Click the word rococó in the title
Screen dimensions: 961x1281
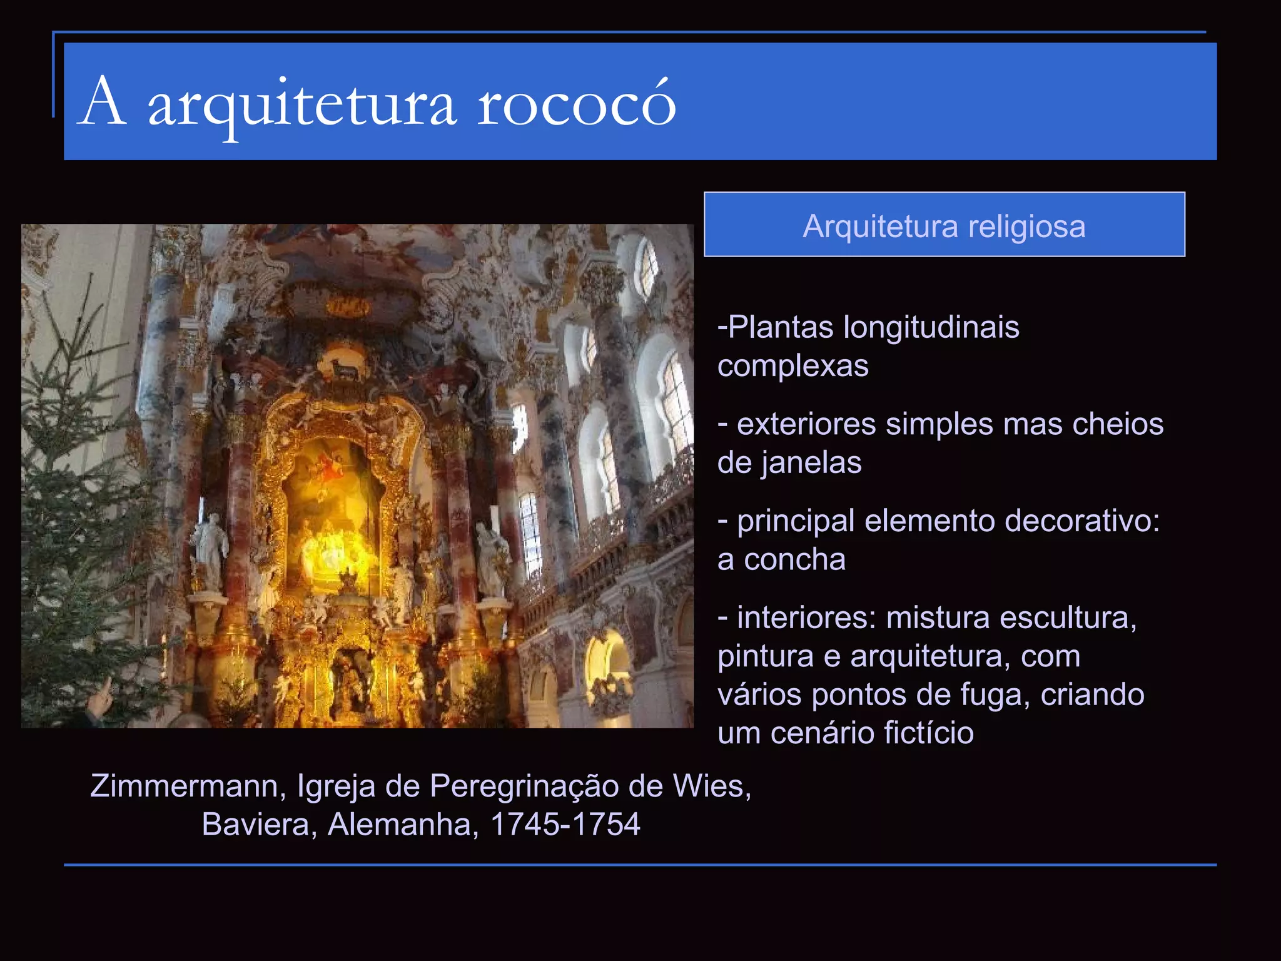tap(577, 104)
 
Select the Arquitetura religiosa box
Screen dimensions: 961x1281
tap(944, 225)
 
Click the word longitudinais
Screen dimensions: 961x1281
tap(931, 327)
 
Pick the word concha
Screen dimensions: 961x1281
tap(794, 560)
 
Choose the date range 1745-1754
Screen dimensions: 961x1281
tap(565, 825)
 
